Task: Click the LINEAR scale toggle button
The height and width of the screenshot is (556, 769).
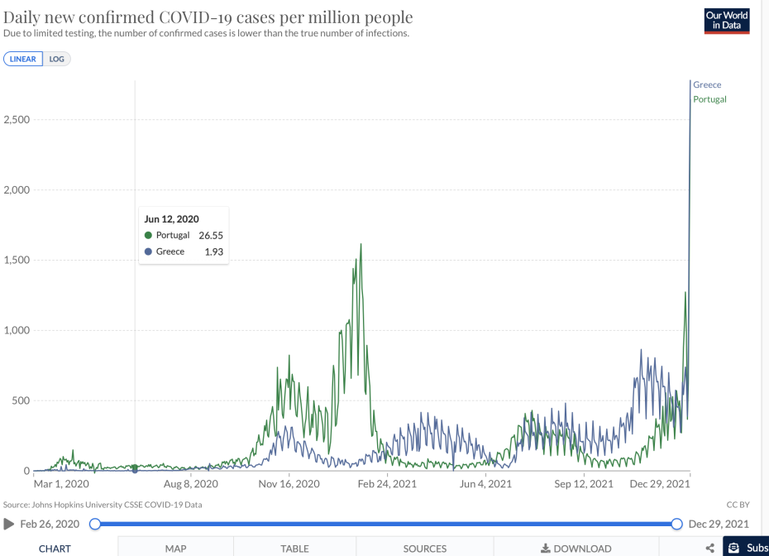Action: tap(22, 60)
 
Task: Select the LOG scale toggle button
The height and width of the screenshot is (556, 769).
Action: tap(56, 60)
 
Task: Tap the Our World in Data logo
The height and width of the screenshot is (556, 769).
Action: tap(726, 21)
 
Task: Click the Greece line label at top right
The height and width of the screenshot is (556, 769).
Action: tap(707, 84)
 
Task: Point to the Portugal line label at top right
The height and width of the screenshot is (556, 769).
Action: tap(709, 99)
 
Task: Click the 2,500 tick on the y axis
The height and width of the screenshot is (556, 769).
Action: tap(17, 119)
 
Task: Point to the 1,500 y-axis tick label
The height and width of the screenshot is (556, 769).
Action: tap(17, 260)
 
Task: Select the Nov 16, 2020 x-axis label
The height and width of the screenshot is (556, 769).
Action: tap(288, 484)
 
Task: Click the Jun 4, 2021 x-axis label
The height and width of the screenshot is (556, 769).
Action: tap(486, 484)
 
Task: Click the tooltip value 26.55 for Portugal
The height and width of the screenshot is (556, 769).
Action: tap(211, 235)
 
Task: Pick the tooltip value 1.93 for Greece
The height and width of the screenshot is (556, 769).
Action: tap(214, 252)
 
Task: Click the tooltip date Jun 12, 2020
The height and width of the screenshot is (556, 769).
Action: tap(172, 219)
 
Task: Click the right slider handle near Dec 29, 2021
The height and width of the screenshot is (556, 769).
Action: tap(676, 524)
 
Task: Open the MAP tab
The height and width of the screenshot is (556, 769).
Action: tap(175, 548)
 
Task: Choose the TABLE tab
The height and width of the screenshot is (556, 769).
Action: tap(294, 548)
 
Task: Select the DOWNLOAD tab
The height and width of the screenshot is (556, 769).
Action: tap(576, 548)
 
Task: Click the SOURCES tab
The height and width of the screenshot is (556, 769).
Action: tap(424, 548)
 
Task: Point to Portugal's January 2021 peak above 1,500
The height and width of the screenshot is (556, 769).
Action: tap(361, 245)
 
